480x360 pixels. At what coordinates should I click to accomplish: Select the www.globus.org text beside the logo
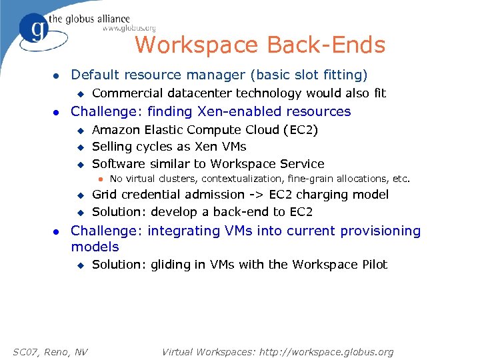[129, 28]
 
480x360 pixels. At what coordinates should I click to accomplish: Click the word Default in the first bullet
[95, 75]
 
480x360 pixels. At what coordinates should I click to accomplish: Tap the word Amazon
[115, 129]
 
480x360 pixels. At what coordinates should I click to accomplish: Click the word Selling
[111, 147]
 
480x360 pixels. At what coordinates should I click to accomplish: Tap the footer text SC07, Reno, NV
[51, 351]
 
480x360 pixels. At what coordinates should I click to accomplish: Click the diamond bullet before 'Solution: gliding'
[79, 265]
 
